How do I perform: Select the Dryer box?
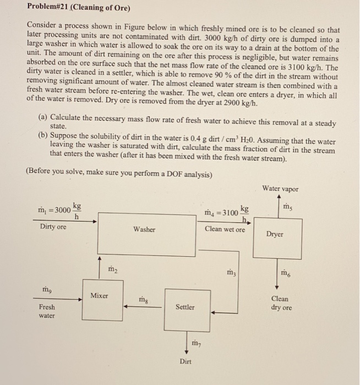pyautogui.click(x=274, y=234)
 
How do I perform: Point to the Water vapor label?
pyautogui.click(x=281, y=189)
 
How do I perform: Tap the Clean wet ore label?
pyautogui.click(x=225, y=229)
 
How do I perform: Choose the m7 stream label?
pyautogui.click(x=196, y=343)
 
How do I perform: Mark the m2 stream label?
pyautogui.click(x=112, y=268)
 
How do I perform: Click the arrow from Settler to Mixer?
pyautogui.click(x=144, y=307)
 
